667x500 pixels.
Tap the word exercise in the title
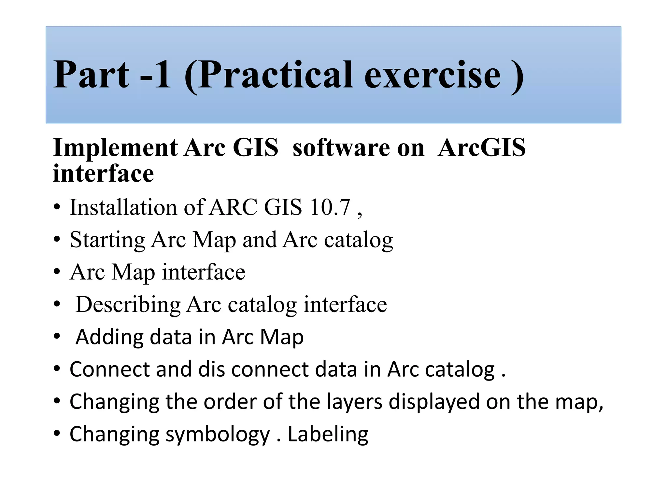(433, 76)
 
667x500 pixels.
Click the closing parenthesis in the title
(517, 77)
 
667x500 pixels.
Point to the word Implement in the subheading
(115, 148)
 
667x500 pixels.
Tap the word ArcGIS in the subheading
(481, 148)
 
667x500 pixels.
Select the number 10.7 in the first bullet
(330, 207)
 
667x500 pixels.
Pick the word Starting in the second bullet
(107, 240)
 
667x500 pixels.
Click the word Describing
(128, 305)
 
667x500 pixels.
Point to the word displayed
(434, 402)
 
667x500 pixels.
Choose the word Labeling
(328, 435)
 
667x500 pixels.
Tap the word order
(230, 402)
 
